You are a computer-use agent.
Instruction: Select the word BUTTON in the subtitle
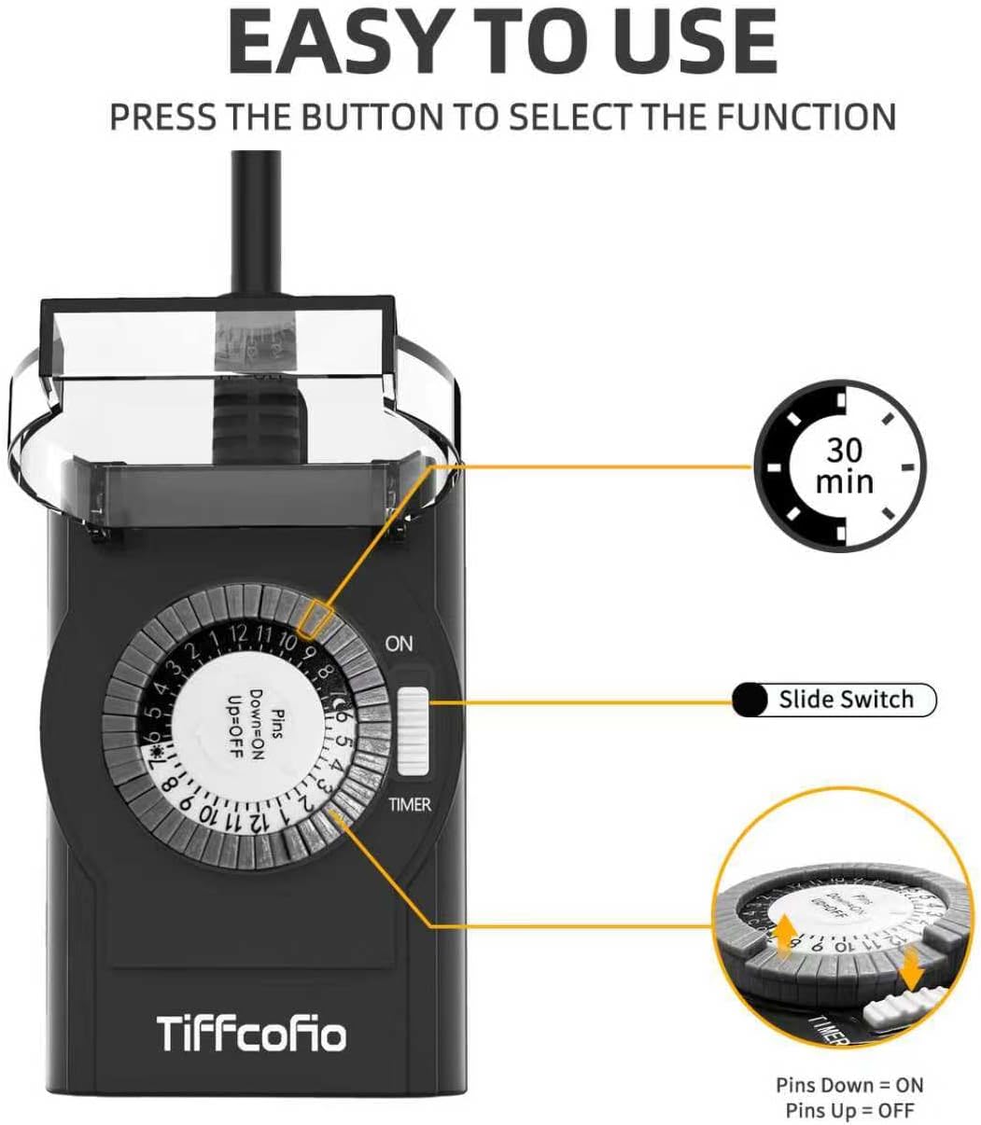(x=363, y=118)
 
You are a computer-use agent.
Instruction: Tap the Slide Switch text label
(x=846, y=700)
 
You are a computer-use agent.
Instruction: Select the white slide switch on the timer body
(x=412, y=731)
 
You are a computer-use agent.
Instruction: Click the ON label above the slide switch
(x=399, y=644)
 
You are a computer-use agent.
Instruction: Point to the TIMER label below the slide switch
(x=410, y=804)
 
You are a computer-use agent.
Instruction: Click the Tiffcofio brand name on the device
(x=251, y=1034)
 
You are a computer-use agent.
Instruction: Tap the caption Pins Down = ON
(x=848, y=1085)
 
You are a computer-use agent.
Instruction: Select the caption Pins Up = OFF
(x=848, y=1109)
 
